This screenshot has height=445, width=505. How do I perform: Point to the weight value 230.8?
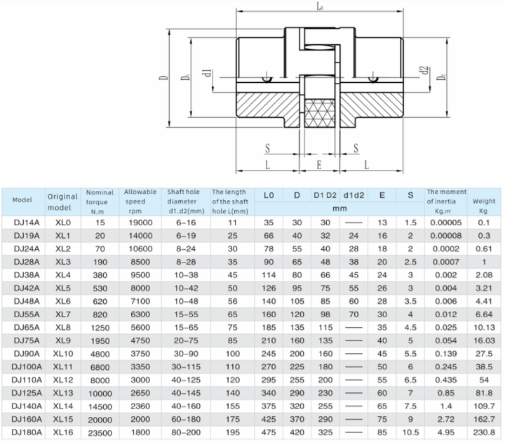484,432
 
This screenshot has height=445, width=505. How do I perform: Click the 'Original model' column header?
62,201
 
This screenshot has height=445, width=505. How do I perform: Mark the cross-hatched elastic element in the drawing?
320,112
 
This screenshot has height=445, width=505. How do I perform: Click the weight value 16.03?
484,340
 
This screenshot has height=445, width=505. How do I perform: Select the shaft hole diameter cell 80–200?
184,432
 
